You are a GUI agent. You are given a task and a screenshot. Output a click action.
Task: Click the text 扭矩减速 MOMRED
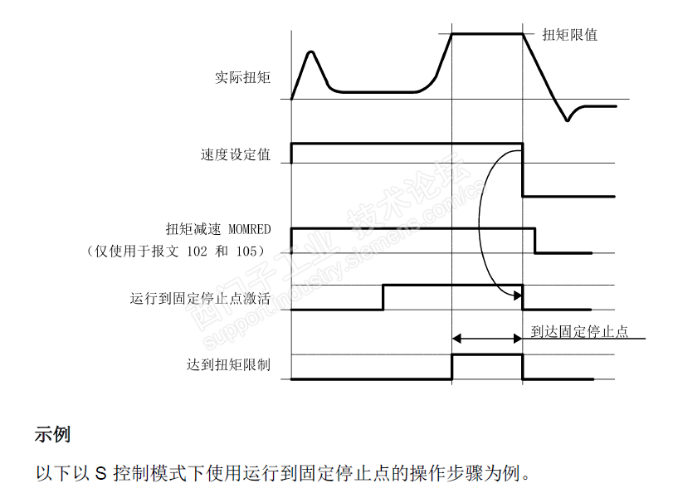(x=217, y=228)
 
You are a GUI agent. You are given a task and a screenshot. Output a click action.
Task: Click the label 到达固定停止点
(x=579, y=332)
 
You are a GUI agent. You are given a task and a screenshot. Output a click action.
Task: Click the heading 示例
(x=52, y=434)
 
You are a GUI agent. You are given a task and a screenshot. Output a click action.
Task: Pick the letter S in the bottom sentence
(x=100, y=475)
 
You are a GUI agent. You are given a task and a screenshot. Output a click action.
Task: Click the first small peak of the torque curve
(x=311, y=53)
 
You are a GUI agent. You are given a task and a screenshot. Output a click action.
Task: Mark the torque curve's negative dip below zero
(x=568, y=120)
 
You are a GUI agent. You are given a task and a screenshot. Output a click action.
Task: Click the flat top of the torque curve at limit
(x=486, y=34)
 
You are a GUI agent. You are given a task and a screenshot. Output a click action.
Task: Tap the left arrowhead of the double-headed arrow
(x=456, y=338)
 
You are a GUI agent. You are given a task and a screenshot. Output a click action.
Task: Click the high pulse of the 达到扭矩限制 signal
(x=487, y=355)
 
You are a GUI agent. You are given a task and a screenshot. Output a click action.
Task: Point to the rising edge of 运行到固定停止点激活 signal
(x=383, y=296)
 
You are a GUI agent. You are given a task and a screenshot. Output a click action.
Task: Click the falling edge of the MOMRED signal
(x=534, y=240)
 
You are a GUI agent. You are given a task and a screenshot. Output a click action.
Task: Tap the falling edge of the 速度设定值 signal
(x=522, y=170)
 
